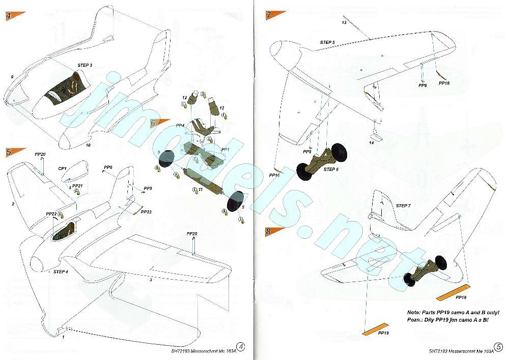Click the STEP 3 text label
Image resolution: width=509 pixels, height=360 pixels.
tap(85, 66)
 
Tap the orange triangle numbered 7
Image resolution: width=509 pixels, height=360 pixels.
tap(272, 15)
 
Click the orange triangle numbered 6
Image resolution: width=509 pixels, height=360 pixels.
tap(157, 123)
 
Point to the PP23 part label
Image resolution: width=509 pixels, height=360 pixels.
tap(146, 211)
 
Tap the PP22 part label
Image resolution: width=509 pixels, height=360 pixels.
tap(51, 214)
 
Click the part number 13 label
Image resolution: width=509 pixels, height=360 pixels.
tap(344, 23)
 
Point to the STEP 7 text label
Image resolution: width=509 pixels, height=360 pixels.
tap(403, 205)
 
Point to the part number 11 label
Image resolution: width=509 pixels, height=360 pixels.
tap(201, 189)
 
